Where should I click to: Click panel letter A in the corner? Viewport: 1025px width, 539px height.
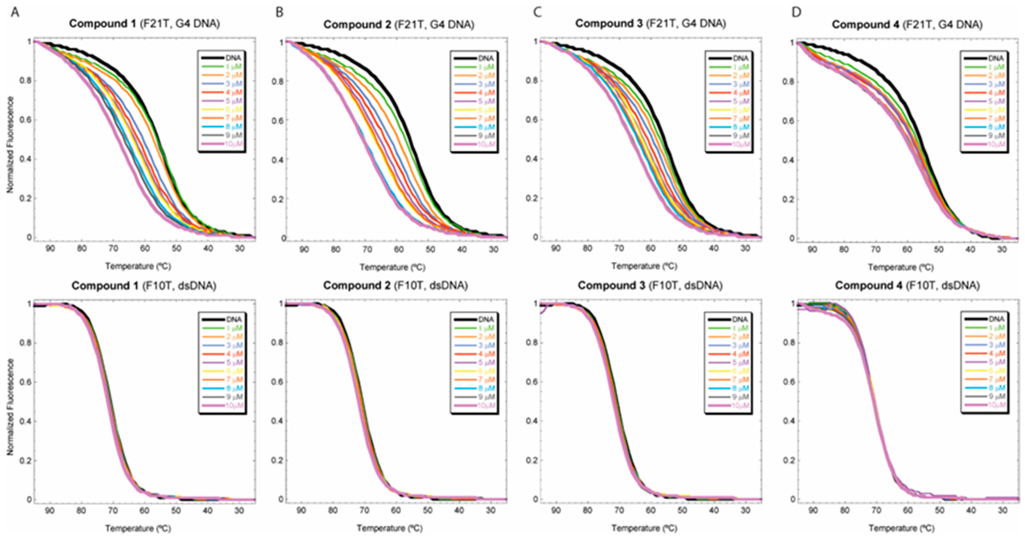tap(15, 12)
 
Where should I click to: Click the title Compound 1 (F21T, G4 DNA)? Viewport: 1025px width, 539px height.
tap(144, 24)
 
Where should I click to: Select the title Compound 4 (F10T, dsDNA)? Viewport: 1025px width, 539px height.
tap(907, 285)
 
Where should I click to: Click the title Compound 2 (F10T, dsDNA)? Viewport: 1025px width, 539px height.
tap(395, 285)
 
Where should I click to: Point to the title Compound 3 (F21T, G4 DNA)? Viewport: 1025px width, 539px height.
tap(650, 24)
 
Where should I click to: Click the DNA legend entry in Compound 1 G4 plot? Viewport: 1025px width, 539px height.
tap(233, 58)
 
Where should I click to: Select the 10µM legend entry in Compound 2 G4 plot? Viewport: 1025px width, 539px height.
tap(486, 144)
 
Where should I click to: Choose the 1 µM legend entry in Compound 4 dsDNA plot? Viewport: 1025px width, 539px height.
tap(996, 328)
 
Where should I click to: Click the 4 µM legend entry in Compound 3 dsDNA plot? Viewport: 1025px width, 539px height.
tap(740, 353)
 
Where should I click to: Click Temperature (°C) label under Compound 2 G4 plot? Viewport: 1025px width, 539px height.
tap(392, 267)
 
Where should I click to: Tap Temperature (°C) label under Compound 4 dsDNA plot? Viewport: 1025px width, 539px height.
tap(901, 528)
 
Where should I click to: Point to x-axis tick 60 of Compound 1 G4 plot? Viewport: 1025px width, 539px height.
tap(144, 249)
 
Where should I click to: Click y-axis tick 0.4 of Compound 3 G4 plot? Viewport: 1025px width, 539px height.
tap(532, 159)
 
